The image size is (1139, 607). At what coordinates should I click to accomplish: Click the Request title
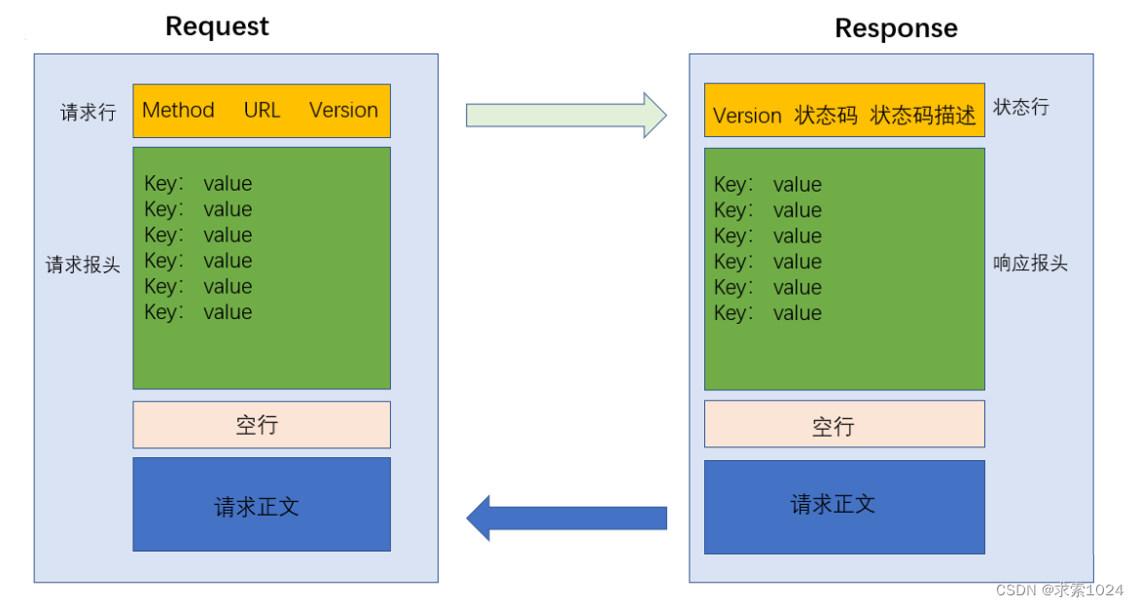217,26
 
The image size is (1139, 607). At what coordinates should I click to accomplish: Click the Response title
896,28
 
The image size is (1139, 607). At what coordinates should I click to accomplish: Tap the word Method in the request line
178,110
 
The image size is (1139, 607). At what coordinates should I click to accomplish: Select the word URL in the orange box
262,110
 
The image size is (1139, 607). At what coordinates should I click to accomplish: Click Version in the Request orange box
343,110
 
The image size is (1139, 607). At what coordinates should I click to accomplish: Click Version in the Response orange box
747,116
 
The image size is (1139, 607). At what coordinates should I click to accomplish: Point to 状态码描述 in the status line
922,116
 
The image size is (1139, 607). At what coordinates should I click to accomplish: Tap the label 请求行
88,113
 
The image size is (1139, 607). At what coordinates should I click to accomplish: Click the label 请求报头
83,265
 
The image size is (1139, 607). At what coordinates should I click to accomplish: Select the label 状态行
1020,107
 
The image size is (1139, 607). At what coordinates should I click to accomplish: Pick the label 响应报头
1030,264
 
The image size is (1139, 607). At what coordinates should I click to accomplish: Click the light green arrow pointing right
566,115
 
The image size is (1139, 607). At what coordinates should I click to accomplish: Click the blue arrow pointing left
566,518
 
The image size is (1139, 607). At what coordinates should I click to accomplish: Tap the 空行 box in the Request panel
262,425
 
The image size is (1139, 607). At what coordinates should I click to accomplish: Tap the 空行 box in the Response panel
843,424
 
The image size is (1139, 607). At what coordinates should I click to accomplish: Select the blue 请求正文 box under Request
262,505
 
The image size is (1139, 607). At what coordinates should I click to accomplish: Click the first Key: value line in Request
198,184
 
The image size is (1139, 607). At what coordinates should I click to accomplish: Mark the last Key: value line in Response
767,313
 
